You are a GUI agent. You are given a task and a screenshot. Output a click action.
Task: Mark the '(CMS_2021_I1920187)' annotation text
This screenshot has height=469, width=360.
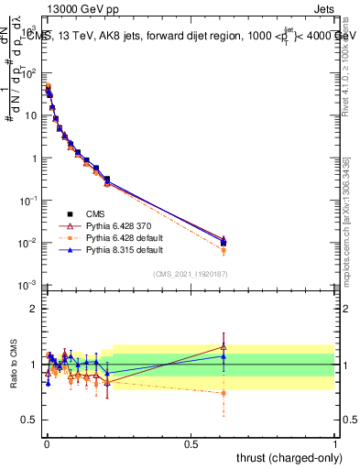click(191, 272)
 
